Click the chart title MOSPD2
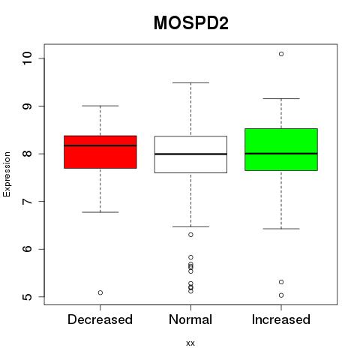pyautogui.click(x=191, y=23)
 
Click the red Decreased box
pyautogui.click(x=100, y=152)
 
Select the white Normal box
pyautogui.click(x=190, y=154)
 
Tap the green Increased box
pyautogui.click(x=281, y=149)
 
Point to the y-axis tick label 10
pyautogui.click(x=27, y=58)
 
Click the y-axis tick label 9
pyautogui.click(x=27, y=106)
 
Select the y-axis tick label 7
pyautogui.click(x=27, y=202)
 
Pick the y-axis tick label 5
pyautogui.click(x=27, y=297)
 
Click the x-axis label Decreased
pyautogui.click(x=100, y=319)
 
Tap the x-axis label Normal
pyautogui.click(x=190, y=319)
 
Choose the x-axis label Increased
pyautogui.click(x=281, y=319)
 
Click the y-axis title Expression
pyautogui.click(x=7, y=174)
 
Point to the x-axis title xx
pyautogui.click(x=190, y=343)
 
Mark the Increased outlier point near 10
pyautogui.click(x=281, y=54)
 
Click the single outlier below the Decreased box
pyautogui.click(x=100, y=292)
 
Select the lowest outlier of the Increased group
pyautogui.click(x=281, y=295)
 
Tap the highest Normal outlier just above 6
pyautogui.click(x=190, y=235)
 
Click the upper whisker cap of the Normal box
pyautogui.click(x=190, y=82)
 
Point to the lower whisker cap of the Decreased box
pyautogui.click(x=100, y=212)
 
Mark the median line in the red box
pyautogui.click(x=100, y=145)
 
